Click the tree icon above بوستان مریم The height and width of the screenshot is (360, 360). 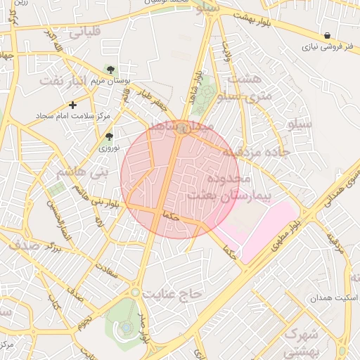[110, 68]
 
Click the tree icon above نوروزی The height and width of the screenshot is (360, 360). [108, 137]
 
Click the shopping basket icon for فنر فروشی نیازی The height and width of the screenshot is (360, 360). [328, 36]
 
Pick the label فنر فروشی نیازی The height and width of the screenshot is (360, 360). [326, 49]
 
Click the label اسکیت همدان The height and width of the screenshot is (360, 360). [334, 298]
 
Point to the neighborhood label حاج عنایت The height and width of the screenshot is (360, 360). [172, 292]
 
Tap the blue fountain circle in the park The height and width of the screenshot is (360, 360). [125, 327]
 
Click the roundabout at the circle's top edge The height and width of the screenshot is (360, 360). [181, 127]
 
